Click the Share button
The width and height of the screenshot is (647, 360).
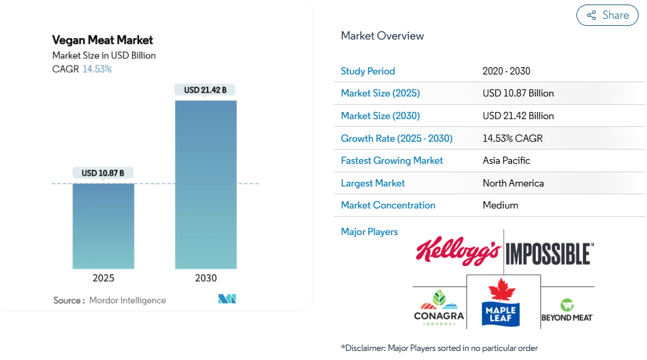pyautogui.click(x=607, y=16)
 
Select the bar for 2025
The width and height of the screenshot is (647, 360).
pyautogui.click(x=104, y=226)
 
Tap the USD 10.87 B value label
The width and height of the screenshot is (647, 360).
pyautogui.click(x=103, y=173)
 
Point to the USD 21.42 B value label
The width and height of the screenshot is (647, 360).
pyautogui.click(x=205, y=90)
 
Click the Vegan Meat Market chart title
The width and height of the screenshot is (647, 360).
pyautogui.click(x=103, y=40)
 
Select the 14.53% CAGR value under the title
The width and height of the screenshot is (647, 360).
pyautogui.click(x=97, y=69)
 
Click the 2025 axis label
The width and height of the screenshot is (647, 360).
pyautogui.click(x=104, y=278)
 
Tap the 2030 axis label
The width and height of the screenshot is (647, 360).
pyautogui.click(x=206, y=278)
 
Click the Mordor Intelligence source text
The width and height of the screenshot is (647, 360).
pyautogui.click(x=127, y=300)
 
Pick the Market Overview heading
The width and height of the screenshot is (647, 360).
pyautogui.click(x=382, y=36)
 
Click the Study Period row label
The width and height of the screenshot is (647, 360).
pyautogui.click(x=367, y=71)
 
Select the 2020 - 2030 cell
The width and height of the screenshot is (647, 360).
pyautogui.click(x=507, y=71)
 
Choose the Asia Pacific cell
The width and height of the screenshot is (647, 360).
pyautogui.click(x=507, y=161)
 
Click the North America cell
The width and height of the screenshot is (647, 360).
pyautogui.click(x=513, y=183)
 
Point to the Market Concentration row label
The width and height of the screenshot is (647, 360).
pyautogui.click(x=388, y=205)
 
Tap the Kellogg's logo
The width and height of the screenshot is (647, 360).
pyautogui.click(x=458, y=252)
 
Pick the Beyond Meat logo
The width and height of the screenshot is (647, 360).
pyautogui.click(x=567, y=310)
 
